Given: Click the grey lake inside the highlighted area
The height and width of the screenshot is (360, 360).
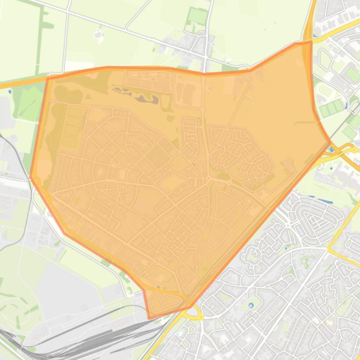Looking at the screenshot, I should click(x=140, y=97).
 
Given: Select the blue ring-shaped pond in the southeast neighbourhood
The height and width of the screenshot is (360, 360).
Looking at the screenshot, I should click(x=251, y=305).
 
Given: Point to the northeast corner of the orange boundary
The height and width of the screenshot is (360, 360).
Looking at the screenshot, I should click(x=311, y=42).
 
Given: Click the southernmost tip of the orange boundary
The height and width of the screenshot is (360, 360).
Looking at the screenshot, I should click(x=150, y=318).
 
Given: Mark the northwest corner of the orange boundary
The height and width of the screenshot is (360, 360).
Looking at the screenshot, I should click(x=48, y=78).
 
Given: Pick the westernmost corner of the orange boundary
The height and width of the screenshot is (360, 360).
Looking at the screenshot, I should click(x=31, y=177).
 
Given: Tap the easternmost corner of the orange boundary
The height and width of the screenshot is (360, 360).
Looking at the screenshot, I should click(x=330, y=140).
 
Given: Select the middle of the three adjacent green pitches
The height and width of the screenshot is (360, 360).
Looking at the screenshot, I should click(x=332, y=108).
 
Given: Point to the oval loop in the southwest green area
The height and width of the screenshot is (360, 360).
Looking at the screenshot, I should click(x=12, y=311).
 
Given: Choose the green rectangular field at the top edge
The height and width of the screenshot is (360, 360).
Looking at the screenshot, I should click(x=197, y=16).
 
